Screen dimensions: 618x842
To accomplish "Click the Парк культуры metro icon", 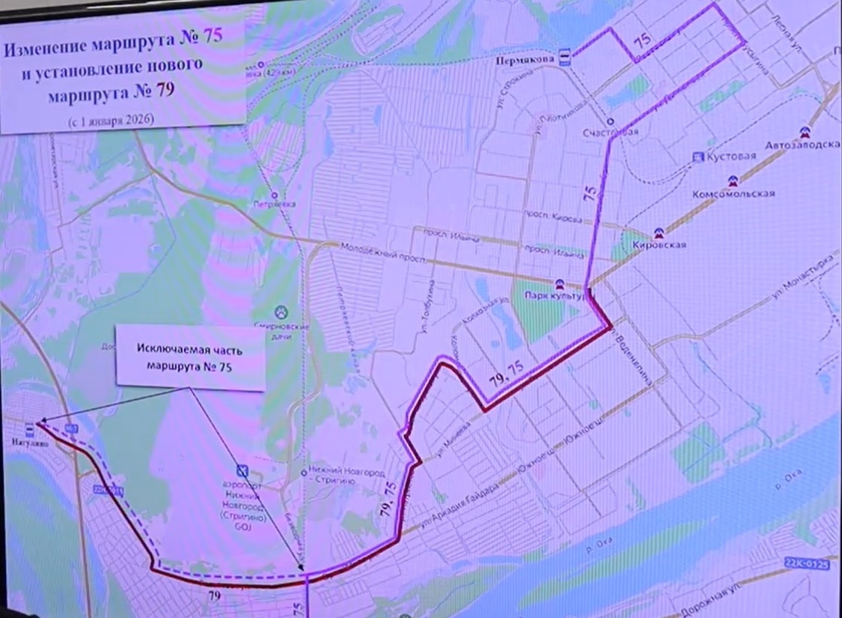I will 558,284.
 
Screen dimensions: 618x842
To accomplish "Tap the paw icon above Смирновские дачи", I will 282,311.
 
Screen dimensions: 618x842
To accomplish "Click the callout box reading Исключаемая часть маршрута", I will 190,357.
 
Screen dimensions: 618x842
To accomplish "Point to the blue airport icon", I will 241,470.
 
